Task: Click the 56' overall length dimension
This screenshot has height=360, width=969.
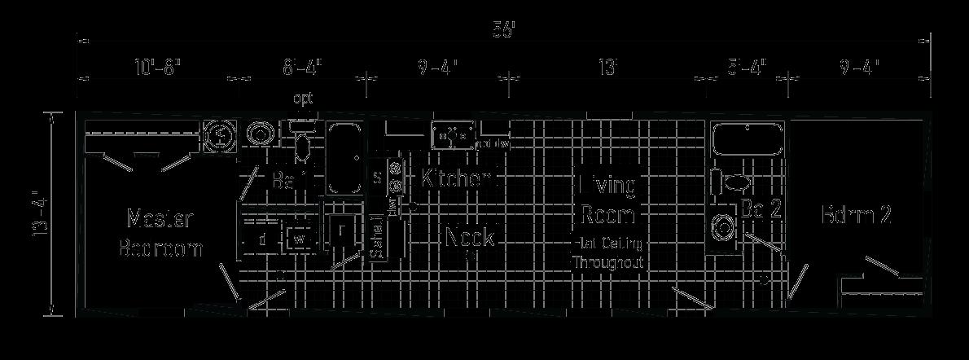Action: (x=504, y=31)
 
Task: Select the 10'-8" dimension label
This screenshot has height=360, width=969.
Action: (x=156, y=67)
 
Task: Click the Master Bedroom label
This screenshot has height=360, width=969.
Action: (x=160, y=233)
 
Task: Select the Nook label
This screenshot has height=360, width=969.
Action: (x=470, y=237)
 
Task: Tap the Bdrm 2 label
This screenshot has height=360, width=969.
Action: (x=856, y=215)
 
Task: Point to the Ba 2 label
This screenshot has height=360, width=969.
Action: (x=761, y=209)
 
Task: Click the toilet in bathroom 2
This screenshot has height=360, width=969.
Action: (x=735, y=182)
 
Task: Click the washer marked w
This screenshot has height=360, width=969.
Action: (x=299, y=239)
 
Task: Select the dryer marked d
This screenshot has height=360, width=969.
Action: (x=261, y=239)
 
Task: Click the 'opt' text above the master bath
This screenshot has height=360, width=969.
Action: (x=303, y=99)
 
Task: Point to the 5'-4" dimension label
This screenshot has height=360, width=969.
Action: (x=747, y=67)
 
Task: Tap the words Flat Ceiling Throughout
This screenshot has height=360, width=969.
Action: (x=608, y=252)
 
